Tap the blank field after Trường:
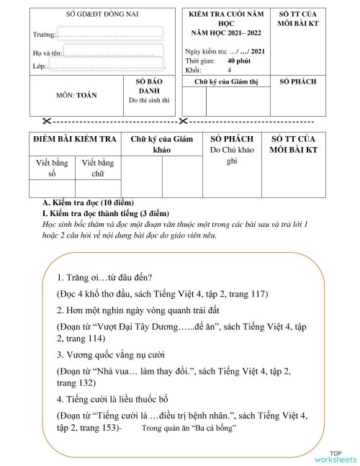[109, 34]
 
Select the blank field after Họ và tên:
[112, 52]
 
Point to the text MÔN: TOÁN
[76, 95]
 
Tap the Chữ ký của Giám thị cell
[225, 82]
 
